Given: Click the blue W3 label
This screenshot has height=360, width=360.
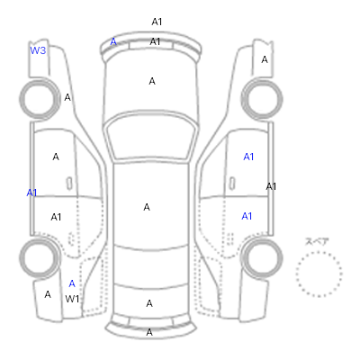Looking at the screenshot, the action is (x=38, y=50).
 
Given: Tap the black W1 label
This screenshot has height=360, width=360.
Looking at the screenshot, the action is (x=72, y=299).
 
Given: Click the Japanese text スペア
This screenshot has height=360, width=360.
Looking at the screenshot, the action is (x=317, y=241).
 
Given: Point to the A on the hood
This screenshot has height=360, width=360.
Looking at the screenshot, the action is (x=152, y=81).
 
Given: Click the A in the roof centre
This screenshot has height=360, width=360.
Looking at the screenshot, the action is (x=147, y=207).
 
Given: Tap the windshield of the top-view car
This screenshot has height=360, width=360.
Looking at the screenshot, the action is (x=151, y=137).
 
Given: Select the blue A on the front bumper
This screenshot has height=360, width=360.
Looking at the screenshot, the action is (x=113, y=41).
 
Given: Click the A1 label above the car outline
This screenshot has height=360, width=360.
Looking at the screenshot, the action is (x=157, y=22).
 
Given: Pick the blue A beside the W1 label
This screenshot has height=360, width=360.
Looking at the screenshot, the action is (x=72, y=283).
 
